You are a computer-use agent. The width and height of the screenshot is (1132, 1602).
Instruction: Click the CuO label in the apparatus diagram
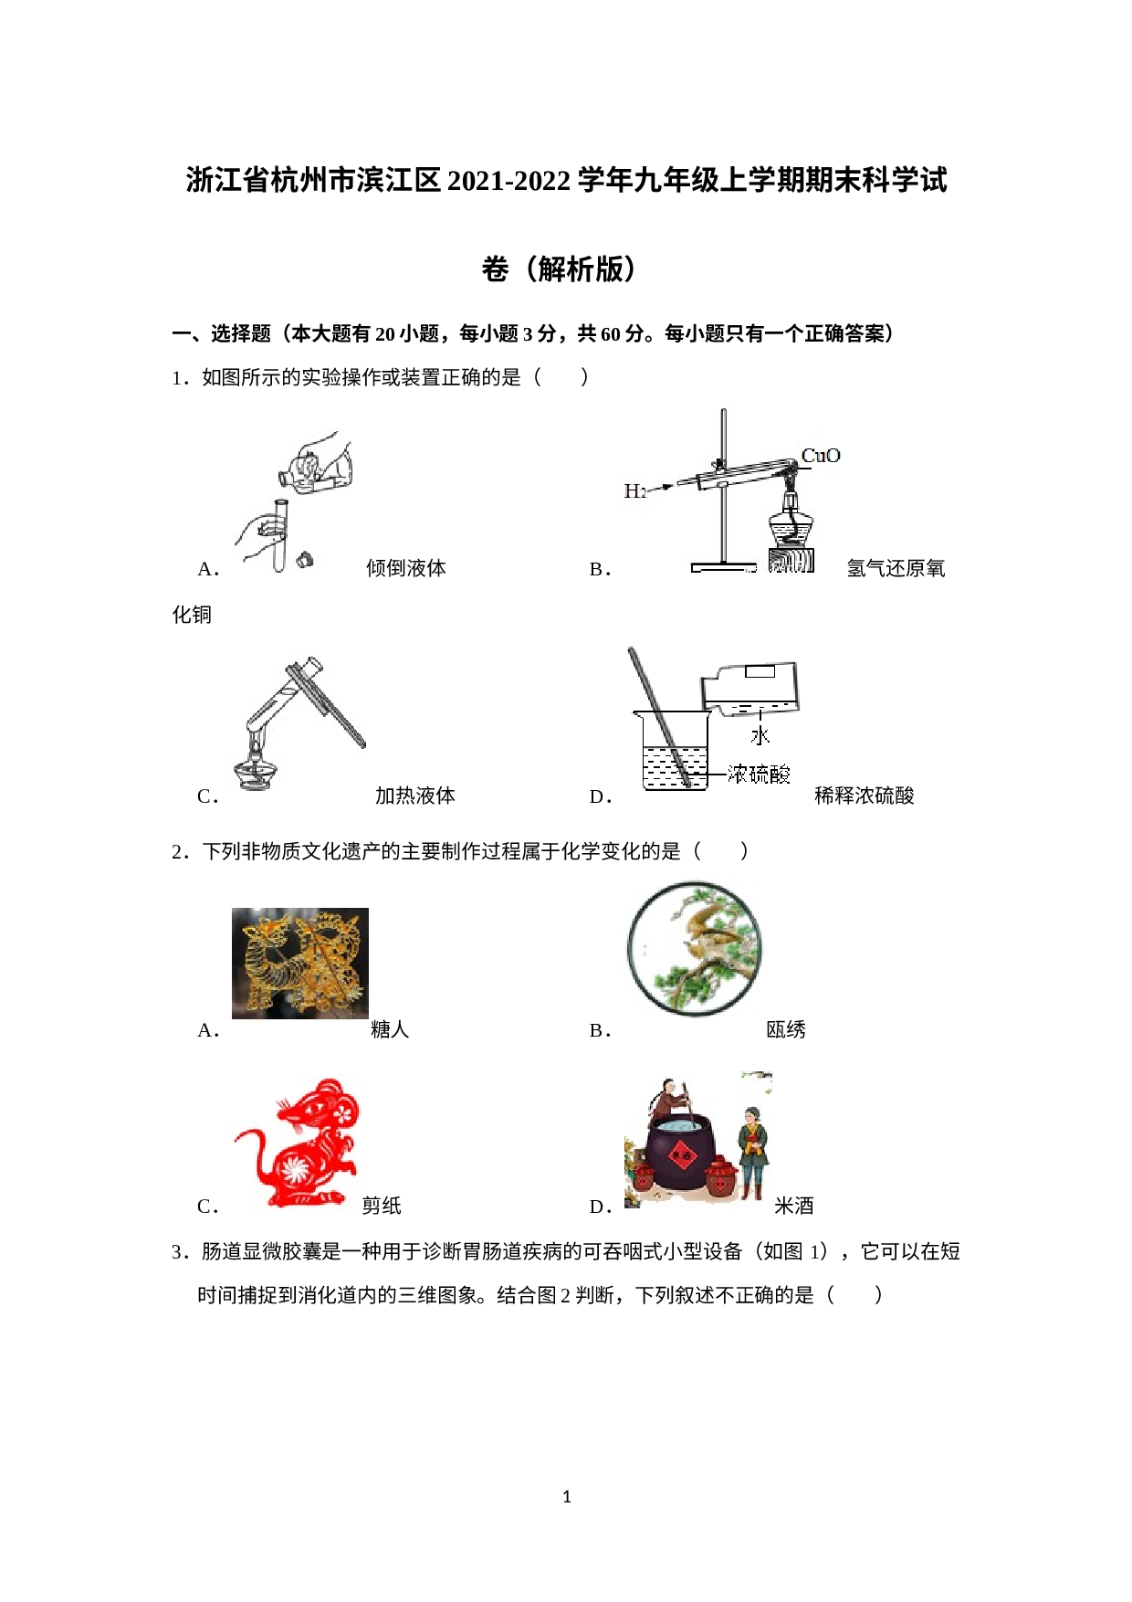pyautogui.click(x=821, y=455)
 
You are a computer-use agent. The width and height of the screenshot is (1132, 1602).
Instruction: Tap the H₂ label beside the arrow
pyautogui.click(x=634, y=491)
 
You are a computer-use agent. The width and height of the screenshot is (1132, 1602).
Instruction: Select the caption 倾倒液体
pyautogui.click(x=406, y=568)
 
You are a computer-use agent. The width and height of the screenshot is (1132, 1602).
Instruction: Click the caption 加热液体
pyautogui.click(x=415, y=796)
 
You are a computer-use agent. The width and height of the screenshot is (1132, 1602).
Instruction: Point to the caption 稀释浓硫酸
pyautogui.click(x=865, y=796)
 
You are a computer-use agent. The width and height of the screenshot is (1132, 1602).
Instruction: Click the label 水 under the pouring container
pyautogui.click(x=760, y=735)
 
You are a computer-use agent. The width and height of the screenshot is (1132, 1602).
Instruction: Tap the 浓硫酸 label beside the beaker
pyautogui.click(x=759, y=775)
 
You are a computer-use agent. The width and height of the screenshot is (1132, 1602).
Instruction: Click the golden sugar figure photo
pyautogui.click(x=300, y=963)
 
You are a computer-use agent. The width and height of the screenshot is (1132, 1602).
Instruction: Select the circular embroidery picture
pyautogui.click(x=694, y=949)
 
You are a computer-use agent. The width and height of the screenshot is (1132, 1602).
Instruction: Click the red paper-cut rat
pyautogui.click(x=298, y=1143)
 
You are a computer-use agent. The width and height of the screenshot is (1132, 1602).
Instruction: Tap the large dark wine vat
pyautogui.click(x=681, y=1153)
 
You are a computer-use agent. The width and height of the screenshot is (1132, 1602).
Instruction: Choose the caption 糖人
pyautogui.click(x=390, y=1029)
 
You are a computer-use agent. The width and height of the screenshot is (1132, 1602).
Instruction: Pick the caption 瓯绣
pyautogui.click(x=786, y=1029)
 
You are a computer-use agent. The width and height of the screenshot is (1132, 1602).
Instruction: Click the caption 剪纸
pyautogui.click(x=382, y=1206)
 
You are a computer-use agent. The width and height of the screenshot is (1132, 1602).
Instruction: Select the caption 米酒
pyautogui.click(x=794, y=1206)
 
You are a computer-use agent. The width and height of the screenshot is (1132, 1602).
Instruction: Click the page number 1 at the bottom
pyautogui.click(x=567, y=1497)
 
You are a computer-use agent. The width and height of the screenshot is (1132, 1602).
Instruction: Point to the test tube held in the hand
pyautogui.click(x=280, y=535)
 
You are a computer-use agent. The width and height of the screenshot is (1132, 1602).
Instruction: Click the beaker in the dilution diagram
pyautogui.click(x=675, y=750)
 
